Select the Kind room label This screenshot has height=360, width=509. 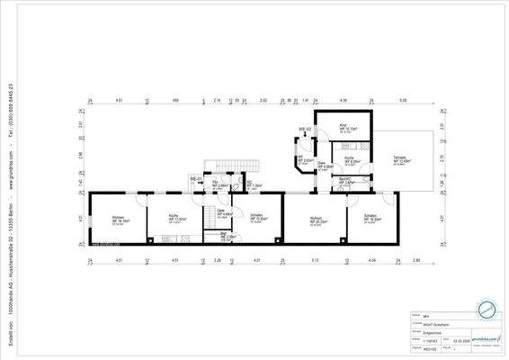coord(344,126)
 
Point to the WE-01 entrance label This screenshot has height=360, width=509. coord(193,179)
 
